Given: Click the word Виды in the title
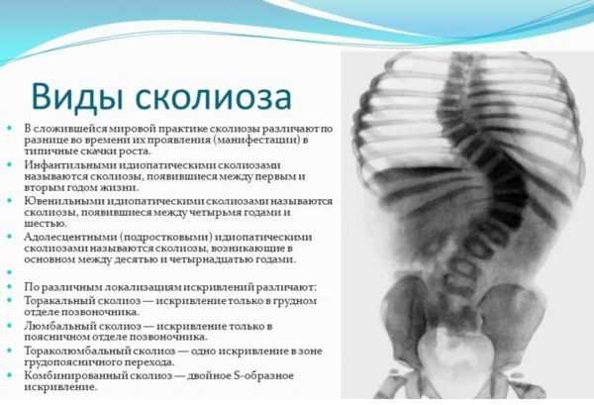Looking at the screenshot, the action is coord(78,97).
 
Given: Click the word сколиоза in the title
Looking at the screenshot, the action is coord(213,98).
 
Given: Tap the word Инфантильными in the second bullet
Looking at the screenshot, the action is coord(70,165).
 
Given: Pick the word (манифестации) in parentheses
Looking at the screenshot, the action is coord(257,140).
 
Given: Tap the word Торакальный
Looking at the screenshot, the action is coord(59,301).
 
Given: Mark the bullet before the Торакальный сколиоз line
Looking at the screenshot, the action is coord(10,301).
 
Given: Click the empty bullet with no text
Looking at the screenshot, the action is coord(10,271).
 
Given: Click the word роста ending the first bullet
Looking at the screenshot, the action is coord(136,152).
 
